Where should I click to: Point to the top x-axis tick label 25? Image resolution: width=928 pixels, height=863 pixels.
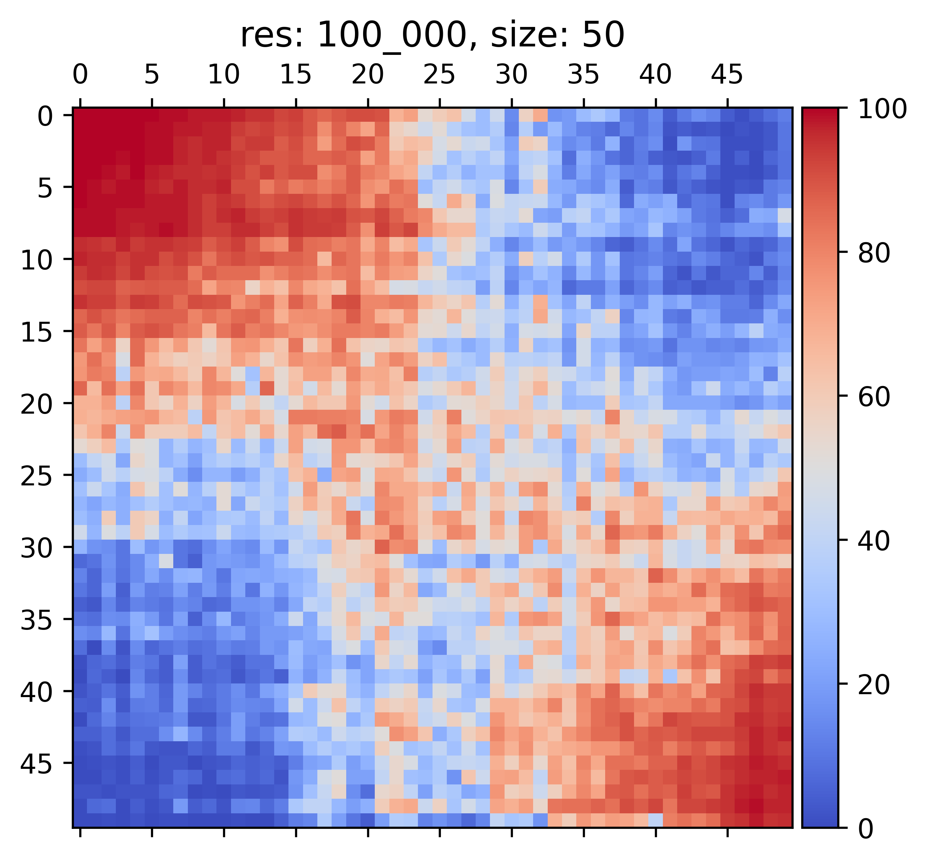tap(439, 75)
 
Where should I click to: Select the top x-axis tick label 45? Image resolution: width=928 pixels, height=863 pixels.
tap(727, 75)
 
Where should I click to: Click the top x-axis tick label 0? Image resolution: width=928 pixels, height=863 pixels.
tap(80, 75)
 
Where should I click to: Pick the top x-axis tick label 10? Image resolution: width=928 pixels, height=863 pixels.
tap(224, 75)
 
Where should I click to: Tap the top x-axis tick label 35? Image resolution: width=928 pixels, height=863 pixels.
tap(583, 75)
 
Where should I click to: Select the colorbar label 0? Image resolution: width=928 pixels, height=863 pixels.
tap(866, 829)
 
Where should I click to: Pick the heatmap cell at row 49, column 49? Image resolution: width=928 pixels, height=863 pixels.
tap(785, 820)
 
